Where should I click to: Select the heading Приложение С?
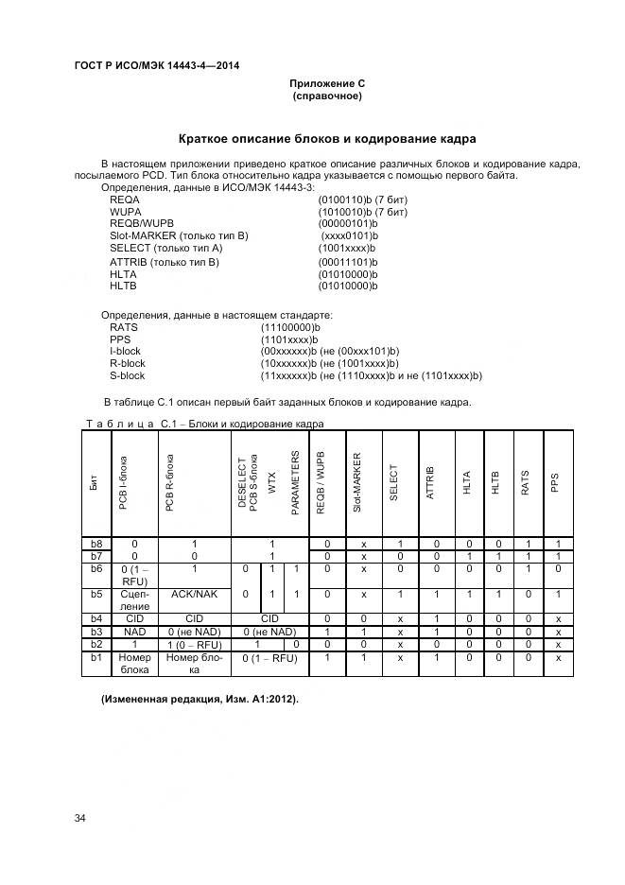(327, 83)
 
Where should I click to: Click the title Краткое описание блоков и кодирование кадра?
(327, 139)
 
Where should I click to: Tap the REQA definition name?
(125, 200)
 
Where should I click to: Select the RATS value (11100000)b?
(290, 326)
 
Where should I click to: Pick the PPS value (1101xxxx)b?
(289, 338)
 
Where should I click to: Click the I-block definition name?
(127, 351)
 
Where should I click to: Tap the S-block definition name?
(128, 375)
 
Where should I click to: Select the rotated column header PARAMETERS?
(295, 482)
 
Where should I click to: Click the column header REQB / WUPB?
(321, 482)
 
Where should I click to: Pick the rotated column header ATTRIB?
(430, 482)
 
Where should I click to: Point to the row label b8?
(95, 544)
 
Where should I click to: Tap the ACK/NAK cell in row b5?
(194, 594)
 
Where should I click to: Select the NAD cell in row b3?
(134, 631)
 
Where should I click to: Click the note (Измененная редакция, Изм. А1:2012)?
(200, 699)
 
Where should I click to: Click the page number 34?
(80, 816)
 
